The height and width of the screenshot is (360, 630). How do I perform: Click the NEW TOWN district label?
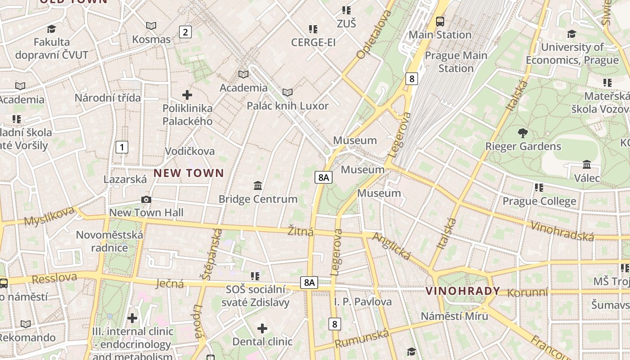(189, 173)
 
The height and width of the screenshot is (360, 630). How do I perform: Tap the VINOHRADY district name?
(463, 291)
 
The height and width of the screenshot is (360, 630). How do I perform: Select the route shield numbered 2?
(185, 32)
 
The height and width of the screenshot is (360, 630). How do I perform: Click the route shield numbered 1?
(121, 147)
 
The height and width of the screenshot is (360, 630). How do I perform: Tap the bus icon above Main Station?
(440, 21)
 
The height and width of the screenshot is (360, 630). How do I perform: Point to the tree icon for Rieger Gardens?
(522, 133)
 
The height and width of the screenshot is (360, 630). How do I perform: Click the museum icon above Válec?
(587, 165)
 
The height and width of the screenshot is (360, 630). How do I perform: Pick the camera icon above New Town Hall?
(146, 199)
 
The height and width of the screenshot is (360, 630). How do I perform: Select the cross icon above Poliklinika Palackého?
(187, 95)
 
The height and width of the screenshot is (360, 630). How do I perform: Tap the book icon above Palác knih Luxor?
(287, 92)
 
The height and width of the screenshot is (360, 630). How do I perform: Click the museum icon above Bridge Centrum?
(258, 185)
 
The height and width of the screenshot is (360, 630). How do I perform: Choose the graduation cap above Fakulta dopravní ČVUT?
(51, 29)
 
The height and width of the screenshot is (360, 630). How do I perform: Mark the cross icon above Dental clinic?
(262, 328)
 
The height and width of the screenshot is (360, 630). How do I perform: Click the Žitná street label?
(301, 232)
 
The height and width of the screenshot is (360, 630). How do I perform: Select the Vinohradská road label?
(562, 231)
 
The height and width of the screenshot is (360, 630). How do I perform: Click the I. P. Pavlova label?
(363, 301)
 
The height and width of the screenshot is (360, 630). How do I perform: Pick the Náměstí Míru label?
(454, 316)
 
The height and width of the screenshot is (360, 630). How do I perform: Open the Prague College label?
(539, 201)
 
